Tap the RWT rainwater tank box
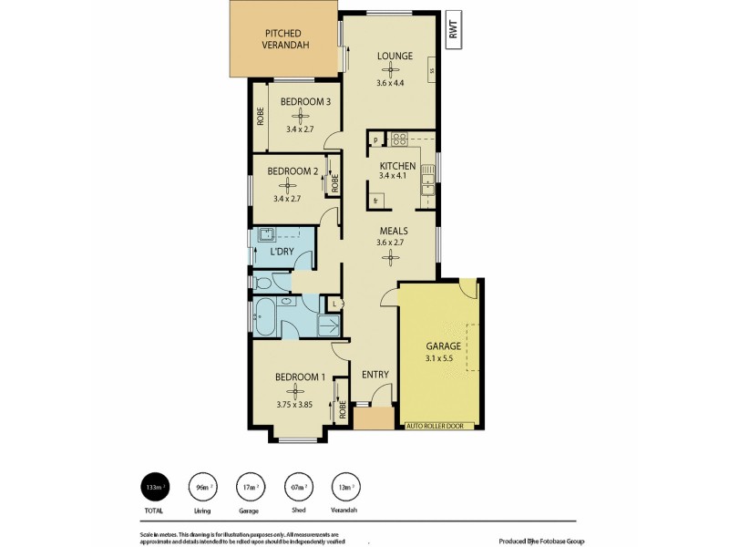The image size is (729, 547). (x=453, y=31)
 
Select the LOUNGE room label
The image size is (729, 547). (x=395, y=57)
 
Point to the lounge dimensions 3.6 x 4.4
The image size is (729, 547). (x=395, y=84)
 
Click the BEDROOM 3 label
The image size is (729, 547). (x=304, y=102)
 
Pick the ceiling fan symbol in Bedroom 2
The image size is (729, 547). (x=293, y=183)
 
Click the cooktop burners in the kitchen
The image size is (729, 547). (x=399, y=139)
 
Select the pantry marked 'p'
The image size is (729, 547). (x=375, y=139)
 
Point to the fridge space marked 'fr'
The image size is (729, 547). (x=375, y=198)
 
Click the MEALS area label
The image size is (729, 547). (x=393, y=231)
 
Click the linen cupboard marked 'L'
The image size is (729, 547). (x=334, y=303)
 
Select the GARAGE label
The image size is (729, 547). (x=444, y=346)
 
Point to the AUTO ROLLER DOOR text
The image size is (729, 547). (x=441, y=426)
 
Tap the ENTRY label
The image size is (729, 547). (x=375, y=374)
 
